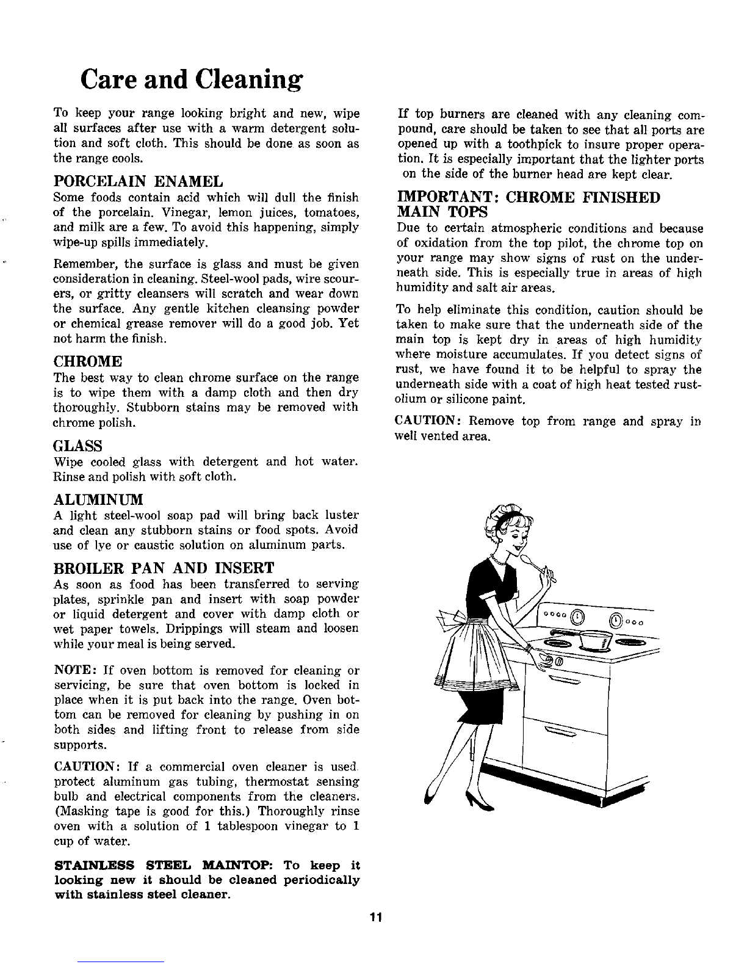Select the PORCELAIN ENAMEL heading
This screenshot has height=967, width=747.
click(x=139, y=181)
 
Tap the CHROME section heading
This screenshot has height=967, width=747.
click(x=88, y=361)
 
